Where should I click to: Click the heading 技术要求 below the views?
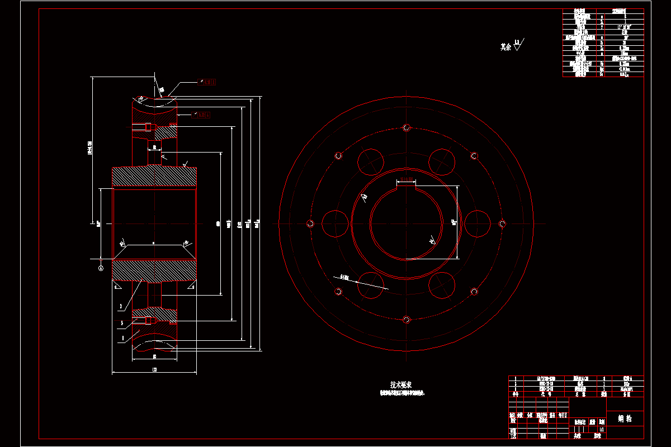coord(400,384)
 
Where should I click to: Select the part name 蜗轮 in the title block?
coord(625,418)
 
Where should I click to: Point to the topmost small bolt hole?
coord(407,127)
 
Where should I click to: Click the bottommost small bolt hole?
coord(407,320)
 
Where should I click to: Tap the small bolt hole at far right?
coord(502,223)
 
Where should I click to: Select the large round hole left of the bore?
coord(334,223)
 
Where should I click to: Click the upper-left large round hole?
coord(370,161)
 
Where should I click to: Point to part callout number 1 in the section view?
coord(122,338)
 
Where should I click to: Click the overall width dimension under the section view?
coord(154,369)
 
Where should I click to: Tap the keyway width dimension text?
coord(407,179)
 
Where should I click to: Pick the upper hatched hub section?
coord(154,177)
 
